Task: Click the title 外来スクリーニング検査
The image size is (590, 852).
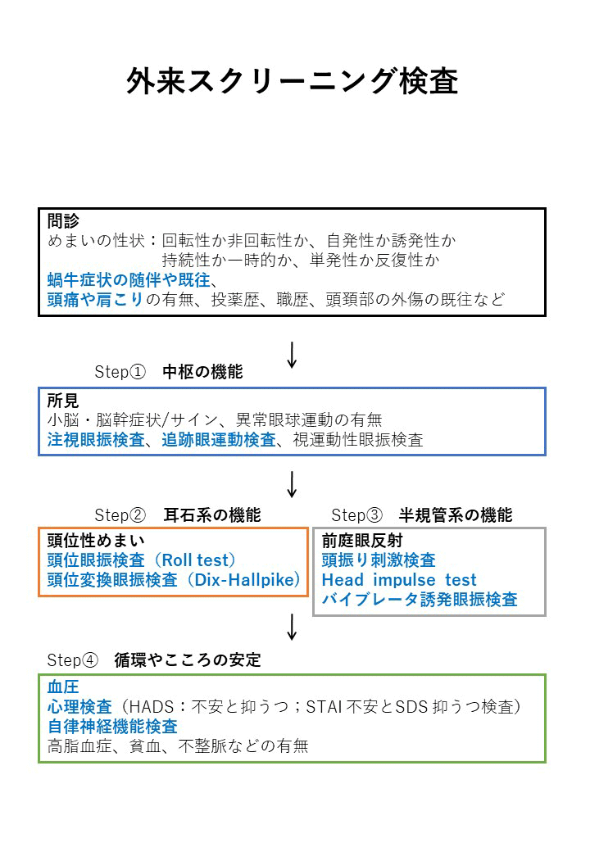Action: [293, 82]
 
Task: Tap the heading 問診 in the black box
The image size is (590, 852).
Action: [63, 220]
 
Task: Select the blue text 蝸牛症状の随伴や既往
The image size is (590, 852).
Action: [129, 280]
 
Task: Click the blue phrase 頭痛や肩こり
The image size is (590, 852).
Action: [95, 299]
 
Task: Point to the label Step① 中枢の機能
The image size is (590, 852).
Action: [169, 372]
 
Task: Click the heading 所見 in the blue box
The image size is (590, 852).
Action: [63, 401]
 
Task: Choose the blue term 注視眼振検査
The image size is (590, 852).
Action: [96, 440]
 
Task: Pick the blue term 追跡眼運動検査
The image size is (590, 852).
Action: [219, 440]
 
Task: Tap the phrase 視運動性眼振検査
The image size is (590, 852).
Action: [358, 440]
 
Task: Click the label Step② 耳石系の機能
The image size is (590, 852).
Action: [178, 514]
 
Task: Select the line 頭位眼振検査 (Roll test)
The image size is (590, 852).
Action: [142, 560]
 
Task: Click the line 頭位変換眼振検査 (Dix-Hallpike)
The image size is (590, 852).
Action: [174, 580]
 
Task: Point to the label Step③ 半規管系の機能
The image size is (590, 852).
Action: [422, 514]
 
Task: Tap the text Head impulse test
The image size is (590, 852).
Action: [399, 580]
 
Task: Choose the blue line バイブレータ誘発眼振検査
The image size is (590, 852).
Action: [420, 600]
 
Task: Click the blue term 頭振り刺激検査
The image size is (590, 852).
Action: [379, 560]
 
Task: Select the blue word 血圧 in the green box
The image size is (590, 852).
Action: [63, 687]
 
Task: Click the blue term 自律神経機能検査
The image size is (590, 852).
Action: [112, 727]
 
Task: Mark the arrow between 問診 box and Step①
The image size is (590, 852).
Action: [293, 356]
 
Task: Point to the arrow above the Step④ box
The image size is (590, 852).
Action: [293, 627]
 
